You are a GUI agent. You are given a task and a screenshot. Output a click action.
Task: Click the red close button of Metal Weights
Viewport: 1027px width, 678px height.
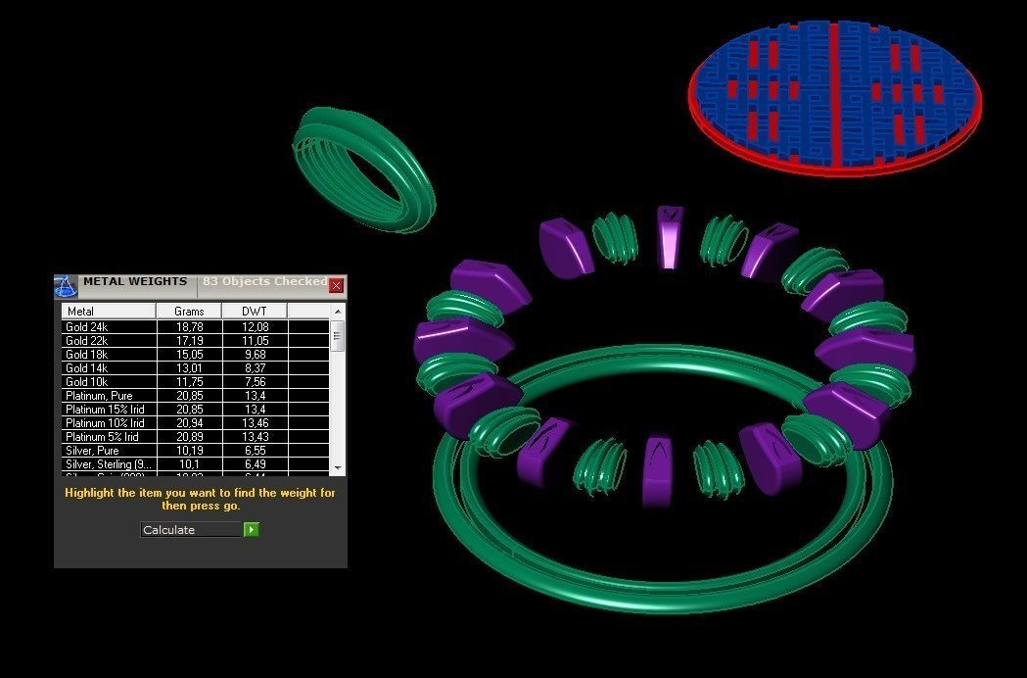[336, 285]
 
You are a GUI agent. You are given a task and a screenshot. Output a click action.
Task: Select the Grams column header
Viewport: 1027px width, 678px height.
[189, 311]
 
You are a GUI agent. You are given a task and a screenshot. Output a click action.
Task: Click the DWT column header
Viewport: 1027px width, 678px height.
[254, 311]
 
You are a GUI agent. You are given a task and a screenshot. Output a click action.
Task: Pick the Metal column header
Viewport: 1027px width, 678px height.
[81, 311]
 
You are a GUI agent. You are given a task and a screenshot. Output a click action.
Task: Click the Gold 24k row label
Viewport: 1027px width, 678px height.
[87, 327]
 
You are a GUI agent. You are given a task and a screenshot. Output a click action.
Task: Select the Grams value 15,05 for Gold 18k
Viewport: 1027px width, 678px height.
[189, 355]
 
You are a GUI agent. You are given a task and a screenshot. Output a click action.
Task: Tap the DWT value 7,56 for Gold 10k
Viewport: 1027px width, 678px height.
[254, 382]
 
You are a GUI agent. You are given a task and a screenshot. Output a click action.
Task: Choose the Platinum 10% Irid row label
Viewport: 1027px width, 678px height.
[105, 423]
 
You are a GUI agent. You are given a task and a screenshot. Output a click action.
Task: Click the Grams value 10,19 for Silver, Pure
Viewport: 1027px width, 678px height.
[189, 451]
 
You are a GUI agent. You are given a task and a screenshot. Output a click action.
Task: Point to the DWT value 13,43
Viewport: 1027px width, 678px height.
[254, 437]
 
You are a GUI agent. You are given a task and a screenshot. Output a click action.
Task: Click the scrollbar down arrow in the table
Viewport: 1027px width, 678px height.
[338, 468]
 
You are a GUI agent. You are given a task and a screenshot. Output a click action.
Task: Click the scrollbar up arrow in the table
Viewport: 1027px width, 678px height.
[338, 325]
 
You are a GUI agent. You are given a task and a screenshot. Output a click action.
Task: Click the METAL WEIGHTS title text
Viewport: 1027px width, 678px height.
[134, 282]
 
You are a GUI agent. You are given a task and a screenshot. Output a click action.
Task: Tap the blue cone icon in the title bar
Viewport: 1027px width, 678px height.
[66, 286]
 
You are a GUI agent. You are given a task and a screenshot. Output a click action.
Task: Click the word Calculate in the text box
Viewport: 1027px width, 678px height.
[169, 530]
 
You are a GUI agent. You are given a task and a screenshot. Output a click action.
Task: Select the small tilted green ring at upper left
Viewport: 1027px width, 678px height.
[363, 169]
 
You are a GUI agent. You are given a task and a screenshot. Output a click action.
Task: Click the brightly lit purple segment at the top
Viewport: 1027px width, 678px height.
[670, 237]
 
